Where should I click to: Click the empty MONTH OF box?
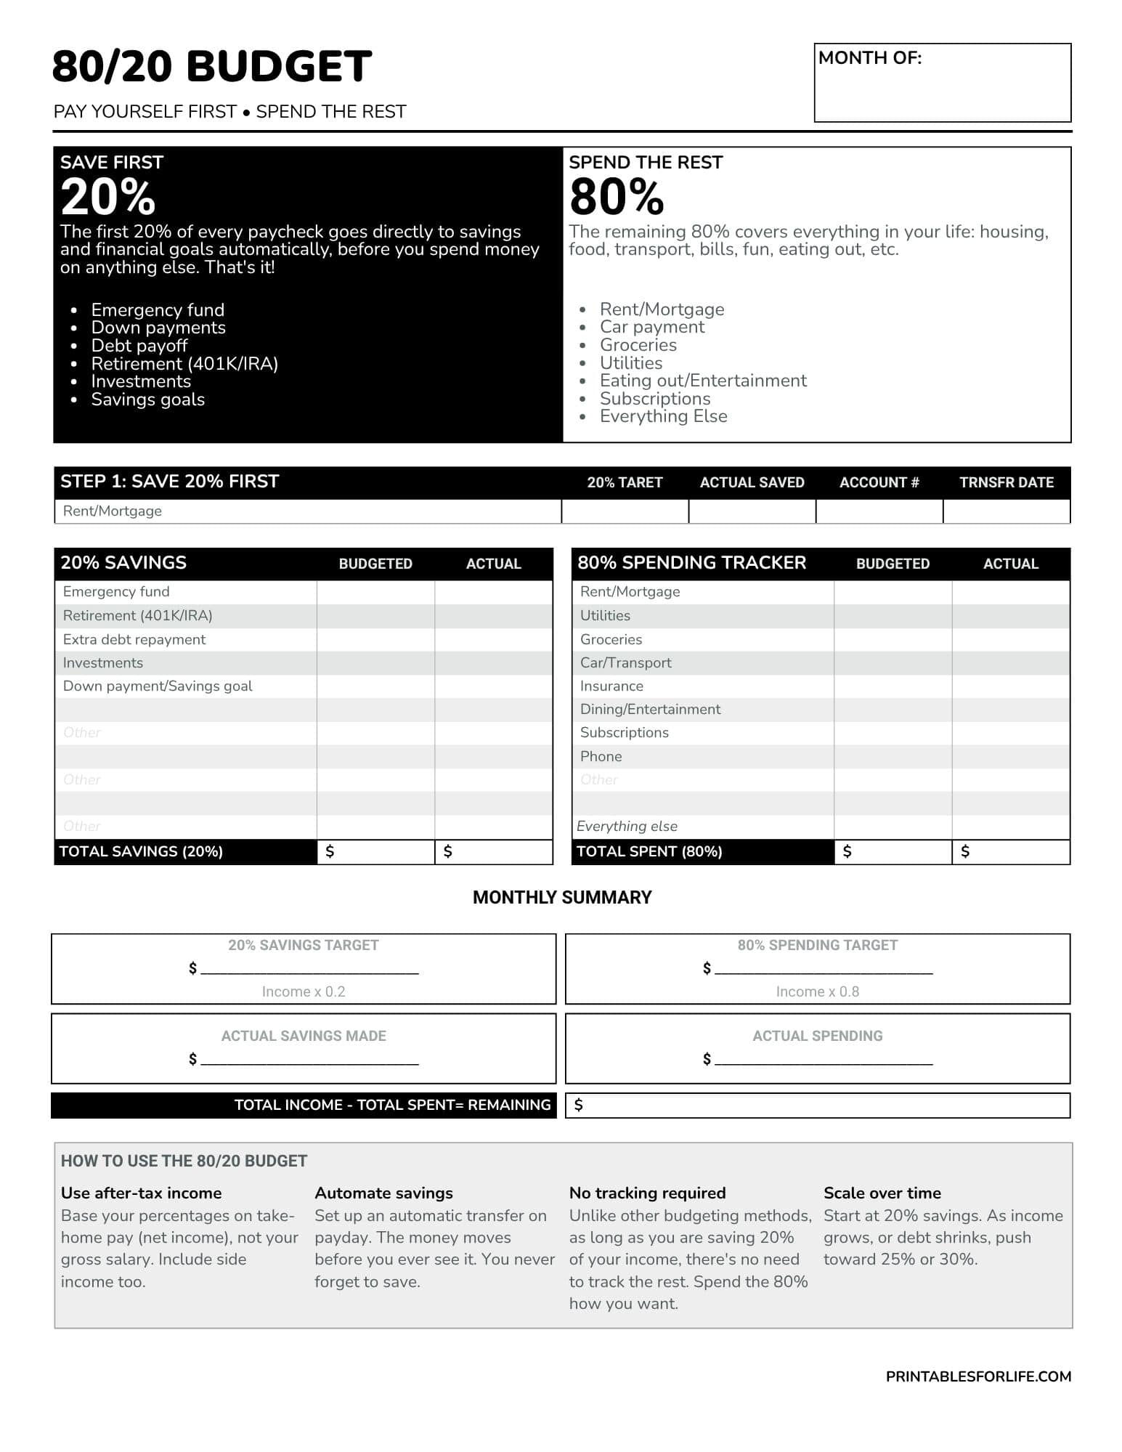(942, 91)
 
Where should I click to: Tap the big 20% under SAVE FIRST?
(108, 197)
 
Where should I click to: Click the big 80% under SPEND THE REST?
(617, 197)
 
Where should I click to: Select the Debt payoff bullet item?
(139, 346)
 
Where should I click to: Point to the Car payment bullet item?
(651, 327)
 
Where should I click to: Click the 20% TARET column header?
(625, 482)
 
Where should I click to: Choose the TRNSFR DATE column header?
(1006, 482)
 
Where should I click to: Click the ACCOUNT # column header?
(879, 482)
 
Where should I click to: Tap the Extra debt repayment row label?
(134, 639)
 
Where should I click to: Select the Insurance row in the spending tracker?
(611, 686)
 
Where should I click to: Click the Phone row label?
(601, 756)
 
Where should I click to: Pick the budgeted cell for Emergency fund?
(375, 592)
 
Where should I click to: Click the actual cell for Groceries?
(1010, 639)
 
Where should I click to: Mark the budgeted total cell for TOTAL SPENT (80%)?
(893, 851)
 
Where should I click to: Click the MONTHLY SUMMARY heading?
(562, 897)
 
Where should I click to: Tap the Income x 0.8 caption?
(817, 991)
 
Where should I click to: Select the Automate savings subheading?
(383, 1193)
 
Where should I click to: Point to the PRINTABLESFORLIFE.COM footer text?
(978, 1376)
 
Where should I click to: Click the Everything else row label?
(627, 826)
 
